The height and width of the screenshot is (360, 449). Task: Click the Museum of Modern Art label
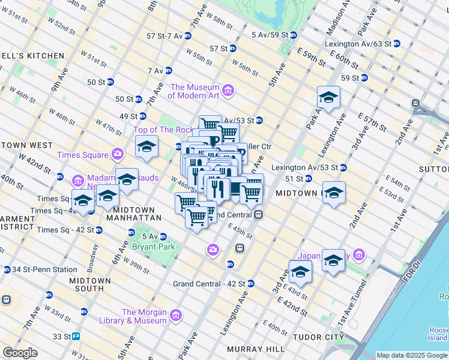196,91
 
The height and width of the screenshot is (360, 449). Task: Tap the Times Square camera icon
118,155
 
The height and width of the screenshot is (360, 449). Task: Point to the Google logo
20,353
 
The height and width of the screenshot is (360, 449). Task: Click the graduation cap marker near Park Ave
329,97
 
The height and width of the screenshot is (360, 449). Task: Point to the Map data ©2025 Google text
412,355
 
